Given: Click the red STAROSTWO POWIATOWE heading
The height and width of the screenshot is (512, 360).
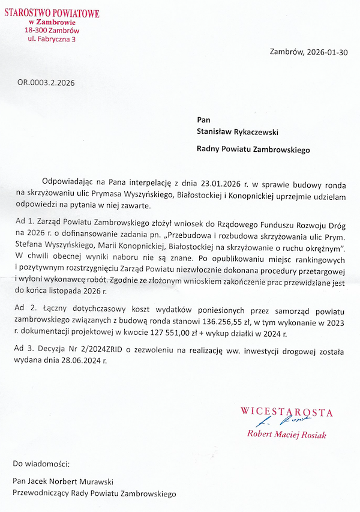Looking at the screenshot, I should tap(52, 13).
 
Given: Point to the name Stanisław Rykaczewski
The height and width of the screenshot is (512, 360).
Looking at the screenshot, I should tap(238, 131).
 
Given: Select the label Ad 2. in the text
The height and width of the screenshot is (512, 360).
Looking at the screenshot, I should tap(23, 308).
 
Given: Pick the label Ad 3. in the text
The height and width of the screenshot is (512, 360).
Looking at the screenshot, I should tap(23, 349).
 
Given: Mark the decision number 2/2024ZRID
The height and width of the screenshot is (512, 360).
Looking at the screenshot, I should tap(105, 349).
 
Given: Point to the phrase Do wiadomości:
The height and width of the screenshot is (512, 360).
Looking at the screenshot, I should tap(41, 463).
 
